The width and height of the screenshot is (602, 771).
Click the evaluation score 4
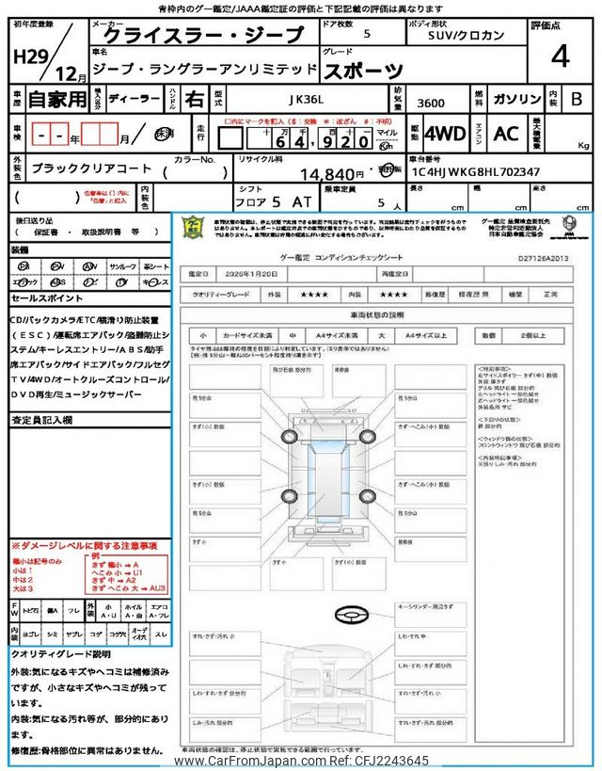click(560, 56)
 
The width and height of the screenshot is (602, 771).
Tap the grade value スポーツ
click(365, 70)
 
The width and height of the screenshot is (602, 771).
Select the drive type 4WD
click(445, 134)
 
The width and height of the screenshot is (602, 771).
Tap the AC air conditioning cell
click(506, 134)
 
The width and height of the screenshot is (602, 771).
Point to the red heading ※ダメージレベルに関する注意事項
click(84, 545)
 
